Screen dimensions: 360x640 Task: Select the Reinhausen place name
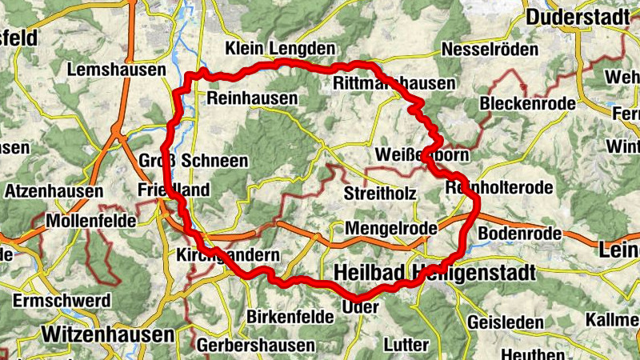point(251,98)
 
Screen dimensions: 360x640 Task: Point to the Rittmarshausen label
point(392,84)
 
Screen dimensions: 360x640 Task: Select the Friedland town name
point(174,190)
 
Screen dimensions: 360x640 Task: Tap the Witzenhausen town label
point(110,333)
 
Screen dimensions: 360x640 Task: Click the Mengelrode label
point(391,229)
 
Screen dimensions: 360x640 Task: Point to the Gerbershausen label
point(255,346)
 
